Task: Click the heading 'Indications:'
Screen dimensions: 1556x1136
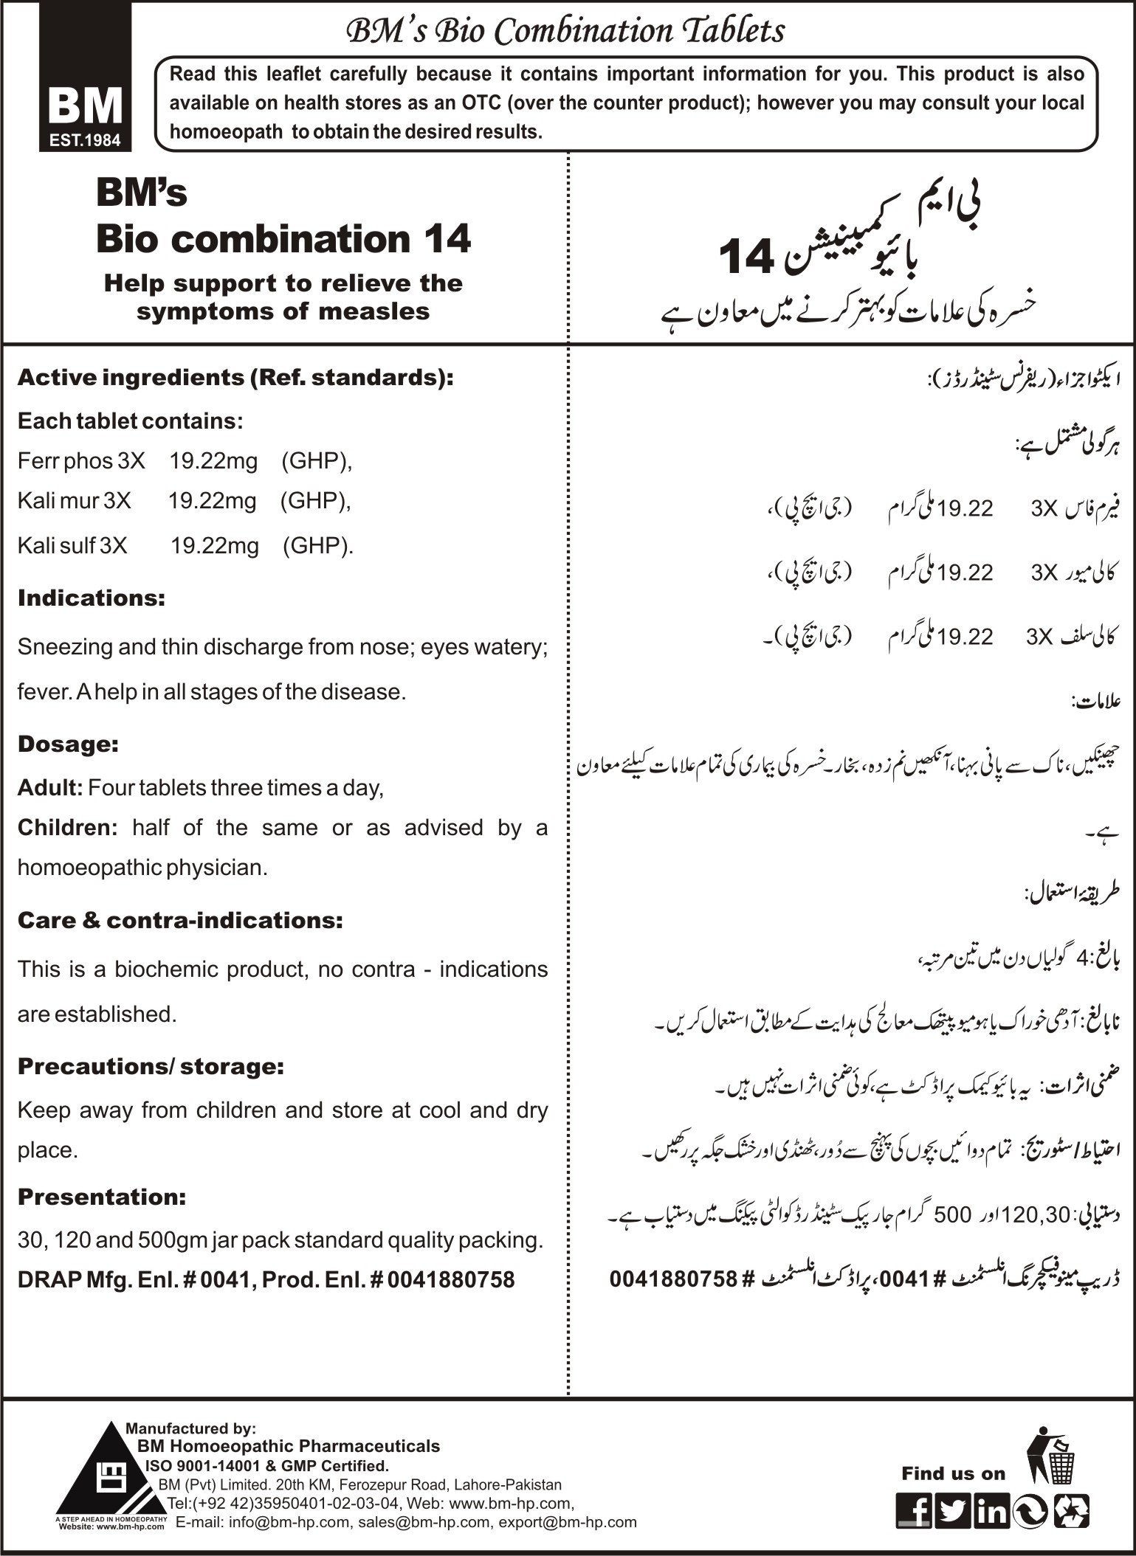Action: (92, 598)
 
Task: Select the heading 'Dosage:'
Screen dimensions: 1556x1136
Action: (68, 744)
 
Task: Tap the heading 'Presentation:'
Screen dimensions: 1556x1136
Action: (102, 1197)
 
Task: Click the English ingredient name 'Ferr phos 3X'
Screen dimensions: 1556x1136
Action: (81, 461)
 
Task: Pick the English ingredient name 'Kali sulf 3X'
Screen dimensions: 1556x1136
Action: (72, 546)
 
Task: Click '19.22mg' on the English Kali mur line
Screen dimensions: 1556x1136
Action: (212, 502)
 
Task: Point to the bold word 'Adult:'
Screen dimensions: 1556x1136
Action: (50, 788)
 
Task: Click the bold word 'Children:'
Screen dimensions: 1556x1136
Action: (67, 828)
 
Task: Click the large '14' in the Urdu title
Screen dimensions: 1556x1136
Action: (746, 258)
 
